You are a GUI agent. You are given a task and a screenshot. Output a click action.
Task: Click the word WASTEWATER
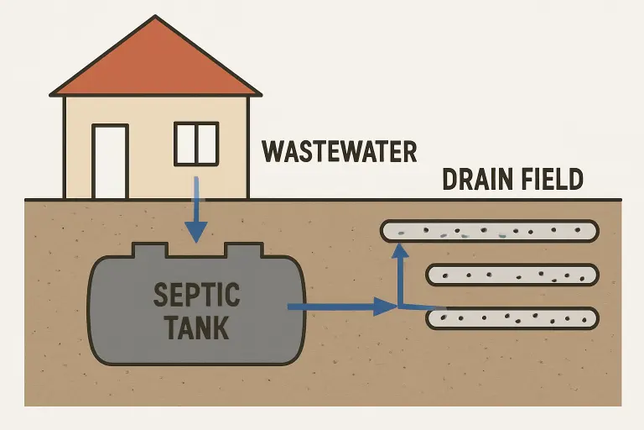[x=340, y=152]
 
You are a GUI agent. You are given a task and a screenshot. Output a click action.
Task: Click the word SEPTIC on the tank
[x=197, y=295]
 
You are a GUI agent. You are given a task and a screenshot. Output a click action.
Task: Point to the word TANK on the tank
[x=197, y=327]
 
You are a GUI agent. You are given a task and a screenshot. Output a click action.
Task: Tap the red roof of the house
[x=155, y=67]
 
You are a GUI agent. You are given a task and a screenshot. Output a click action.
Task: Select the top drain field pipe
[x=490, y=230]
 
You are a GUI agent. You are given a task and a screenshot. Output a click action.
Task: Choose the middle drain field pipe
[x=512, y=275]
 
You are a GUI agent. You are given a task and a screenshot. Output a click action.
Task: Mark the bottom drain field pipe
[x=512, y=318]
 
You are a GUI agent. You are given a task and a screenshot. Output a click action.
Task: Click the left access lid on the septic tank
[x=151, y=249]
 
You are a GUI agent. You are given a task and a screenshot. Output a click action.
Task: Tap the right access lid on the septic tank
[x=240, y=249]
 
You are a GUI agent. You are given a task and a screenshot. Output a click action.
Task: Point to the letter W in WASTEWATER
[x=273, y=152]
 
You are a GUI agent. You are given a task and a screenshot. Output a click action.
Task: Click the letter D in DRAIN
[x=451, y=181]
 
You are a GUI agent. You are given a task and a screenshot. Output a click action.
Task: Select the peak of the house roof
[x=155, y=18]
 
